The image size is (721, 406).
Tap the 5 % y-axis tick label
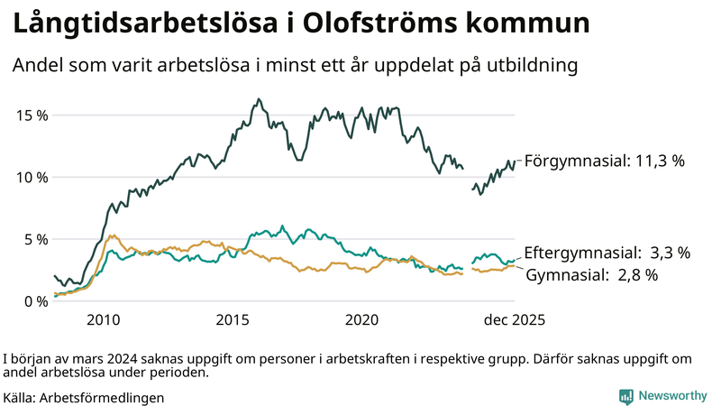click(x=34, y=239)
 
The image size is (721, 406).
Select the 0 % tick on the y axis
click(x=34, y=301)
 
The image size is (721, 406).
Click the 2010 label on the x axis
click(x=103, y=320)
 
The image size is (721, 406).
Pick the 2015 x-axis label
click(x=233, y=320)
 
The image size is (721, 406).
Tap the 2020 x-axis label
click(x=362, y=320)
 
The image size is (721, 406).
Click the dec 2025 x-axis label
click(x=513, y=320)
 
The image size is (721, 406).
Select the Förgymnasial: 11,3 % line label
click(x=605, y=161)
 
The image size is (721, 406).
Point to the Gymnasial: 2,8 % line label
click(x=591, y=274)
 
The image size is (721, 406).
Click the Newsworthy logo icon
click(x=625, y=396)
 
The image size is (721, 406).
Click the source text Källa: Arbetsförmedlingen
click(x=84, y=396)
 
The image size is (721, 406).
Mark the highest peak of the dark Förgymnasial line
click(x=259, y=99)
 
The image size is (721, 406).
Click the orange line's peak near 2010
click(x=112, y=235)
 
